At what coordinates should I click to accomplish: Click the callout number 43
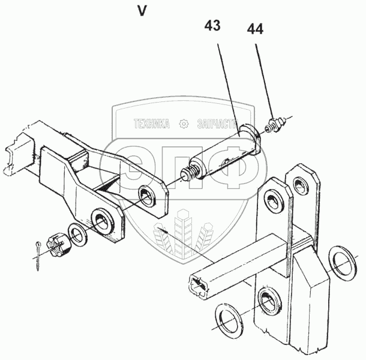[212, 25]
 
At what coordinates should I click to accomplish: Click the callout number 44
[255, 29]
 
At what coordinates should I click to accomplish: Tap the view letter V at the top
[142, 11]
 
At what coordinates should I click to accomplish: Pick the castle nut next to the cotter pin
[58, 245]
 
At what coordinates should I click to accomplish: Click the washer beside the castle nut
[77, 235]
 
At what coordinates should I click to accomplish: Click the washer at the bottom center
[229, 321]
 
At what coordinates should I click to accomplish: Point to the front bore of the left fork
[103, 221]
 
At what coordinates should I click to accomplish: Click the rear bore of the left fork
[148, 196]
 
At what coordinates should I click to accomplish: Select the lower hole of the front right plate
[270, 301]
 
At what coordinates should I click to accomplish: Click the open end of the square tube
[198, 287]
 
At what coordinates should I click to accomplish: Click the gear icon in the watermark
[184, 124]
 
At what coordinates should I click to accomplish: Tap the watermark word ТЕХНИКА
[152, 124]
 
